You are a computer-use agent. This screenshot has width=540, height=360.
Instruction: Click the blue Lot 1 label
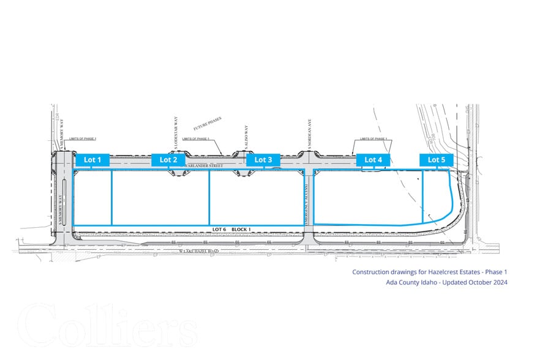[92, 160]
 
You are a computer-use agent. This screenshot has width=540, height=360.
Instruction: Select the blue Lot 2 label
[168, 160]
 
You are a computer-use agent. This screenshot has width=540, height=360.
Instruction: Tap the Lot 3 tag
[263, 160]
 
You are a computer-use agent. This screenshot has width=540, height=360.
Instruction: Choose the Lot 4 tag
[373, 160]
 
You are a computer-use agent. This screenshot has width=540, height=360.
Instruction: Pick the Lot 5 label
[437, 160]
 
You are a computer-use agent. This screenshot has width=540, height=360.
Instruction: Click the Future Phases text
[208, 124]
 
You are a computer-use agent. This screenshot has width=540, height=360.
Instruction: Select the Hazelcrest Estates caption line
[430, 271]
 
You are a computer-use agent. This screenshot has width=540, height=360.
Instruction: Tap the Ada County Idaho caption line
[446, 282]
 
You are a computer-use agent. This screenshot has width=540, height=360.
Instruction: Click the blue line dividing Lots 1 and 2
[112, 197]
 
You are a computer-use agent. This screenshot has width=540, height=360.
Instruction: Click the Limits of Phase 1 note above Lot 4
[375, 139]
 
